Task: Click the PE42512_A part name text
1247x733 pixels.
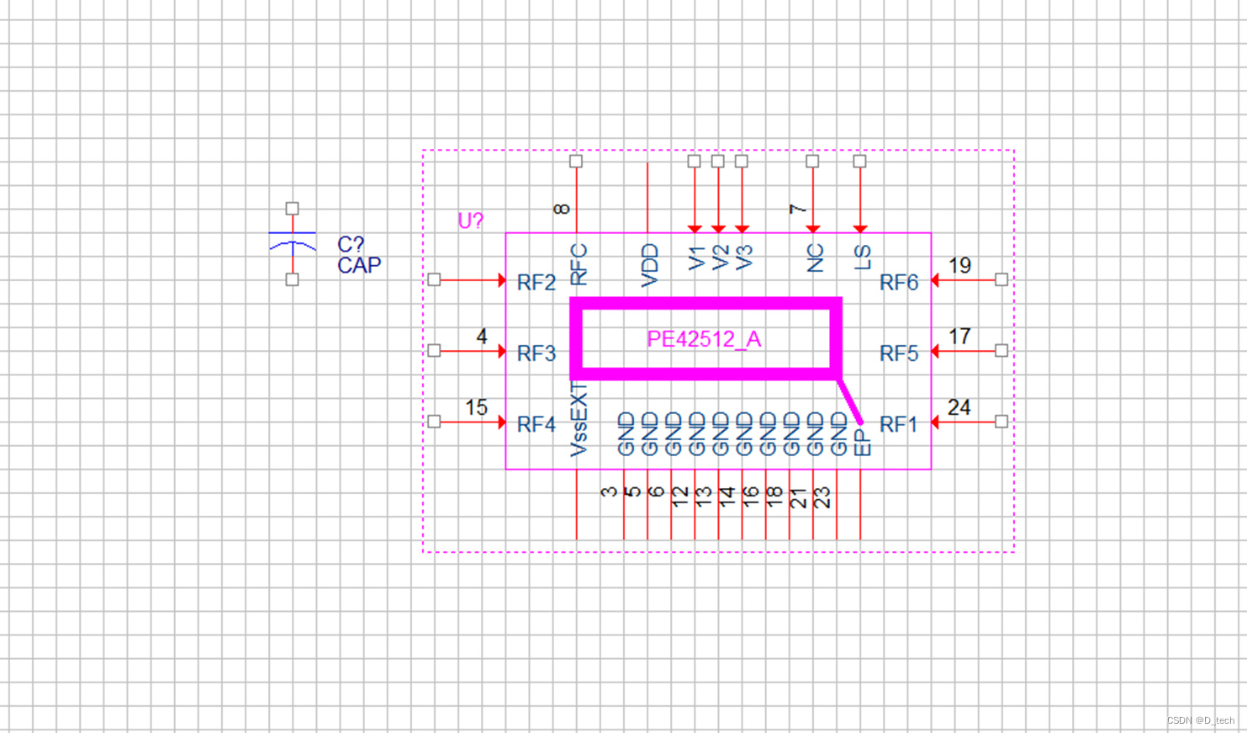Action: point(704,339)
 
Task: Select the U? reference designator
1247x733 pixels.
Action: point(470,221)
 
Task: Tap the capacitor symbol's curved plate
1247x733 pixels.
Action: point(293,245)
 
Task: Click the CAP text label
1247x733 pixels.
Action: point(359,266)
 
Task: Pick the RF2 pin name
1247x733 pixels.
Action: point(536,283)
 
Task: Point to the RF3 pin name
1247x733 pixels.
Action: point(536,353)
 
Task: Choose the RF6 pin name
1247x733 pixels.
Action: point(898,283)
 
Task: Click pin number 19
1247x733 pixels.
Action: point(959,266)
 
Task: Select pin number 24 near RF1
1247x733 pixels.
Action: point(959,408)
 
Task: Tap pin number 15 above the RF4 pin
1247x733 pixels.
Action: point(476,408)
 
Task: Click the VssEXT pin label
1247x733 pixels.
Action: point(579,419)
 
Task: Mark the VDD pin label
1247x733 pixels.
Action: point(649,266)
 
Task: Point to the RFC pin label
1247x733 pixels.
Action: point(579,264)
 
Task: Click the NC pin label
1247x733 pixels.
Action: point(815,258)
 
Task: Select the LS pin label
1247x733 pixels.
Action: point(863,258)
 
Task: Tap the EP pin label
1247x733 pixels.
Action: point(863,443)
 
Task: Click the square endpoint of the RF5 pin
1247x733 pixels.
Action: point(1001,350)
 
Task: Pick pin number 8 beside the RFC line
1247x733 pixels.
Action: point(562,208)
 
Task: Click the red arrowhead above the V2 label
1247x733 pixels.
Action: point(718,228)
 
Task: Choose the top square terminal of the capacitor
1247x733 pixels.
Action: point(292,208)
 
